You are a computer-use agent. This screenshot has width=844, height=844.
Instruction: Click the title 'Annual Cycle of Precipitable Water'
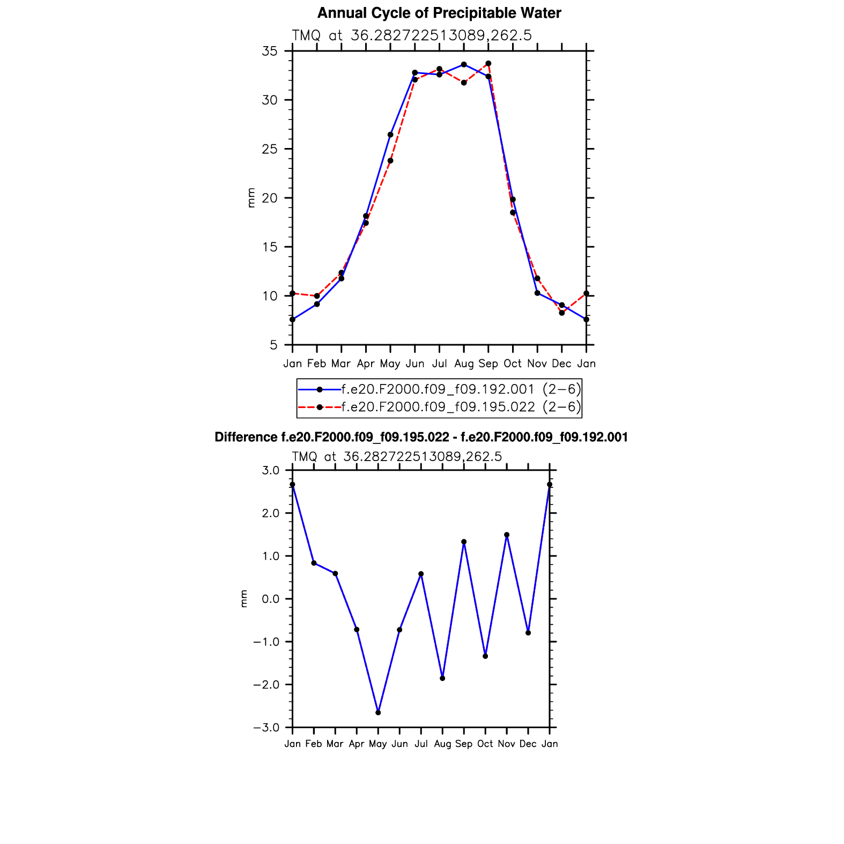click(x=439, y=13)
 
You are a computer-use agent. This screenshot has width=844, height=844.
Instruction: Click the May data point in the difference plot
click(x=378, y=713)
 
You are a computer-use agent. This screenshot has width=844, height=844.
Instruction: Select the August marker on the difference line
click(x=442, y=678)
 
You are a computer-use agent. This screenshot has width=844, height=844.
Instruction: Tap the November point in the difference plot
click(x=507, y=535)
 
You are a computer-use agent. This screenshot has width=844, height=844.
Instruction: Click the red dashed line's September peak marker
click(x=488, y=63)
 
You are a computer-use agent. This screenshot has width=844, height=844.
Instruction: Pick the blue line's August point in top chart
click(x=464, y=64)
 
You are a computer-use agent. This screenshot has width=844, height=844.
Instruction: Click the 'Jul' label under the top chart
click(x=439, y=364)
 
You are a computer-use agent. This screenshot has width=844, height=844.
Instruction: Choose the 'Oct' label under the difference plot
click(x=485, y=744)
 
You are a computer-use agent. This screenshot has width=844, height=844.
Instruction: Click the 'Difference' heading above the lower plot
click(x=421, y=437)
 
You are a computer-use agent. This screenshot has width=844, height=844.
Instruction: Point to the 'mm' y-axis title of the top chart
click(x=251, y=198)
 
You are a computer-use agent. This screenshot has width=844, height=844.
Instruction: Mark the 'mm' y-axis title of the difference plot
click(x=244, y=599)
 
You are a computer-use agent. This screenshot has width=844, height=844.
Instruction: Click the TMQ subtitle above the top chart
click(x=411, y=35)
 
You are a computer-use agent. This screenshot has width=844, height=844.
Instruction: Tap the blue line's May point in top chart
click(x=390, y=135)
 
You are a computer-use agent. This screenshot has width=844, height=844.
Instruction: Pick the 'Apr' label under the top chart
click(x=366, y=364)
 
